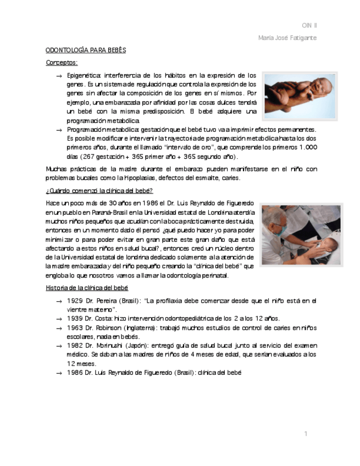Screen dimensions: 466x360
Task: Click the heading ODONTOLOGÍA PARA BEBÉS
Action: point(86,50)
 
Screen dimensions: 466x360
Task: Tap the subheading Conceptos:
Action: point(62,63)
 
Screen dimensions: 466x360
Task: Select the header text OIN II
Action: point(309,25)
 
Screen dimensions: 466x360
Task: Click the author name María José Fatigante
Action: point(287,37)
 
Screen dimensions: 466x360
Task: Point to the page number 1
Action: point(306,434)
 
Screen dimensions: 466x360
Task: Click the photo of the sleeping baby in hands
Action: point(299,96)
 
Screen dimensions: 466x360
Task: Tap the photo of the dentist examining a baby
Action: point(300,235)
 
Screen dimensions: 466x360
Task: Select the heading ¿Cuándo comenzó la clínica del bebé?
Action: point(95,190)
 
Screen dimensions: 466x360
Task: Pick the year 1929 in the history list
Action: point(75,301)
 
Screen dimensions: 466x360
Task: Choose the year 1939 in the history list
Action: point(75,318)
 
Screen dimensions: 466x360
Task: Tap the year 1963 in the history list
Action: point(75,328)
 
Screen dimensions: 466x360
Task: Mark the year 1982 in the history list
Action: point(75,346)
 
